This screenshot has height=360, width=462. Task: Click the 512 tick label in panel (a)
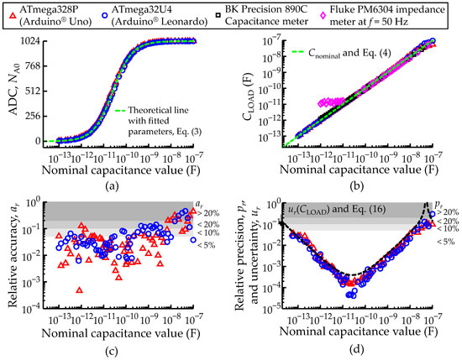(x=34, y=91)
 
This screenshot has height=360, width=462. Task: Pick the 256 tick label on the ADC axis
(x=34, y=116)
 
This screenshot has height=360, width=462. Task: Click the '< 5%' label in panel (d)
(x=446, y=242)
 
